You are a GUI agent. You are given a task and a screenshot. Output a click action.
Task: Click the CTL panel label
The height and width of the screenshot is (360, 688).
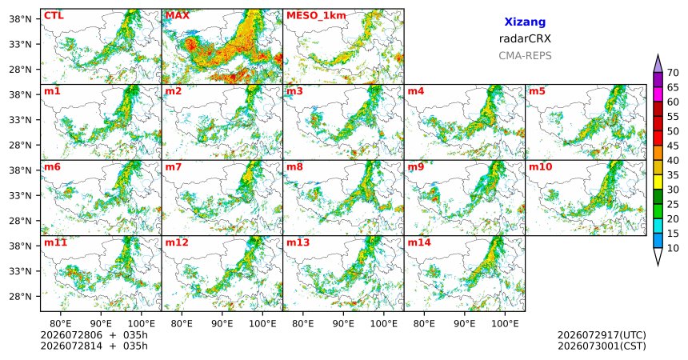54,16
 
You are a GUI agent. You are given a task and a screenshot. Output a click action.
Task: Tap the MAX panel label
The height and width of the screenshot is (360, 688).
178,16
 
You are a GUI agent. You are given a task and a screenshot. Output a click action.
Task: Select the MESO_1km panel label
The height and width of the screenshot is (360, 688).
316,16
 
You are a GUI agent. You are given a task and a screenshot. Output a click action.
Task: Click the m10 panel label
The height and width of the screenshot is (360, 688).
540,167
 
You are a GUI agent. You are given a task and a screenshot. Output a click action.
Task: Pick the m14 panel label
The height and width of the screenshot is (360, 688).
419,242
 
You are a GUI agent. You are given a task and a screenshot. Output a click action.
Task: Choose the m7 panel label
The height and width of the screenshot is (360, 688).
174,167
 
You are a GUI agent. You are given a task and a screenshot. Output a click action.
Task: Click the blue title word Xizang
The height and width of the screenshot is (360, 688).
525,22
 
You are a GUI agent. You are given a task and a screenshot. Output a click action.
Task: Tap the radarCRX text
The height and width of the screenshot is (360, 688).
525,38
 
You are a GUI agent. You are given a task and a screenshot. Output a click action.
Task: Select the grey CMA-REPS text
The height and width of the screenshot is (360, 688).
525,56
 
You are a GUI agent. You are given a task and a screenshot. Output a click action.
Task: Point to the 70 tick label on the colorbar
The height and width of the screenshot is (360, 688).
673,73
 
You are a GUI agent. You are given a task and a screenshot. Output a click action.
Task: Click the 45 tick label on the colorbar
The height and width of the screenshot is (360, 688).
673,146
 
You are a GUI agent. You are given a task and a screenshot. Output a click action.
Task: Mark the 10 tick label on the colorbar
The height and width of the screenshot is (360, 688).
673,248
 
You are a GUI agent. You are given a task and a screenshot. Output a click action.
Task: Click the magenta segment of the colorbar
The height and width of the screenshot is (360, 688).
658,94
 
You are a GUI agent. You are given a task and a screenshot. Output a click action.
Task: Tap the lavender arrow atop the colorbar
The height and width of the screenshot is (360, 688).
658,64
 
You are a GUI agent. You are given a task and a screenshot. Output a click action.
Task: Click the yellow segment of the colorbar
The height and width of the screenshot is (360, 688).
658,182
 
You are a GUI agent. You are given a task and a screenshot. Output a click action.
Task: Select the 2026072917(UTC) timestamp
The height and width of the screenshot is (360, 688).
602,335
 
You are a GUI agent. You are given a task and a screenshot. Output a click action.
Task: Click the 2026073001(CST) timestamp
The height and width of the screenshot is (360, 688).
602,346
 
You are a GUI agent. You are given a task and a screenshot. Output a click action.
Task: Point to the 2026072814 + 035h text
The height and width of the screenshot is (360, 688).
94,346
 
